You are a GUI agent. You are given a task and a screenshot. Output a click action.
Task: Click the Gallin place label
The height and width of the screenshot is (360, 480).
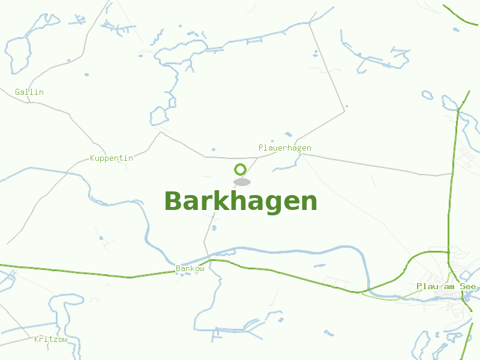point(29,92)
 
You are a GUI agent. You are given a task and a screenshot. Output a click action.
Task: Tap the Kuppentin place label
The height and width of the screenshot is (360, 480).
point(111,158)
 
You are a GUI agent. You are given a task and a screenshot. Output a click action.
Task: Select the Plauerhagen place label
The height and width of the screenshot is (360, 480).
point(284,148)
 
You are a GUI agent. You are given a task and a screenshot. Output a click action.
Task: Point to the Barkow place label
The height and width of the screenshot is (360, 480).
point(190,268)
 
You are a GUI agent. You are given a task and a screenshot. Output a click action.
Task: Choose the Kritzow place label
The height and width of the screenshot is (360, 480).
point(50,339)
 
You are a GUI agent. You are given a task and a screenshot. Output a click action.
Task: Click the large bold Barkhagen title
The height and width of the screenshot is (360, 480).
point(240,201)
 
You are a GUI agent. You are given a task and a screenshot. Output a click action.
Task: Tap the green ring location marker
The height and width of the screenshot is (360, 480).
point(241,169)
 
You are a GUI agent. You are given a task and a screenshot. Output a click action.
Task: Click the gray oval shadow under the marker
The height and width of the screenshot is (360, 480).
point(242,182)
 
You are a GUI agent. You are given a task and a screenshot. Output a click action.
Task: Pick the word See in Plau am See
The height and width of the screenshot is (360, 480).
point(468,286)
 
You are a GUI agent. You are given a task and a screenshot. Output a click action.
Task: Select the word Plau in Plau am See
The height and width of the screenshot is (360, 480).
point(427,286)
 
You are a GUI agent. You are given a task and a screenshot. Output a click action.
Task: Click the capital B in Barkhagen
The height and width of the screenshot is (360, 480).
point(173,201)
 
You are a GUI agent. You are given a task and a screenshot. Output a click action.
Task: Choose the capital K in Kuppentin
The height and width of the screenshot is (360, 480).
point(92,158)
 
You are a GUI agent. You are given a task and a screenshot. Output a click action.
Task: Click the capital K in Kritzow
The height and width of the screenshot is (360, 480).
point(37,339)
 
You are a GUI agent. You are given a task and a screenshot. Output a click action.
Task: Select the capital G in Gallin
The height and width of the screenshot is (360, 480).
point(17,92)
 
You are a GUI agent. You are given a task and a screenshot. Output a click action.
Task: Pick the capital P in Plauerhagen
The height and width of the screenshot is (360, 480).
point(261,148)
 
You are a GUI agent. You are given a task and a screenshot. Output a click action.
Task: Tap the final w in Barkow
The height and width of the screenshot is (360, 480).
point(202,268)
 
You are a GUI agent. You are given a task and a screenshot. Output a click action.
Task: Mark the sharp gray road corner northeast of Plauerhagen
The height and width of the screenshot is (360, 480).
point(345,110)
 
